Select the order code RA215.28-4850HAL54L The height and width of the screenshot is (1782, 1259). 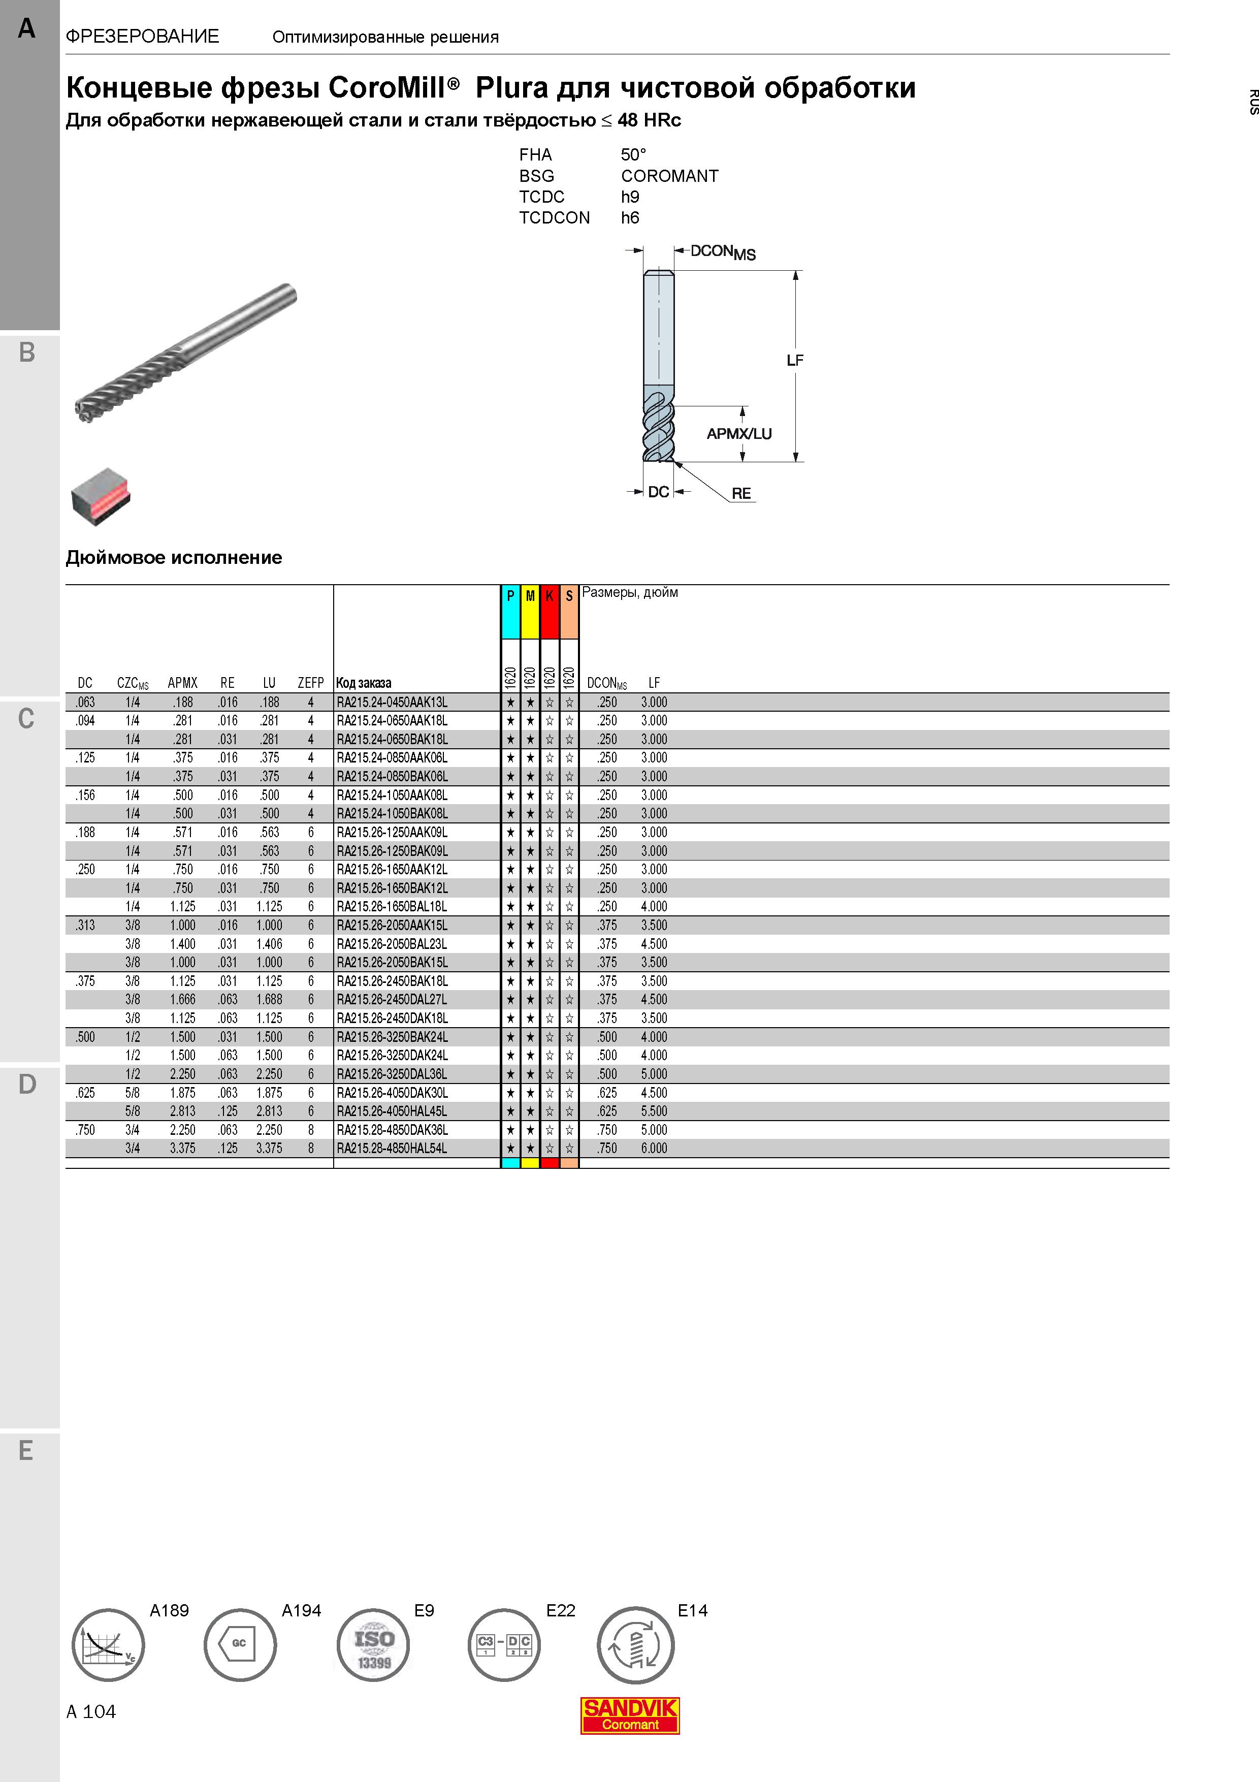pyautogui.click(x=392, y=1149)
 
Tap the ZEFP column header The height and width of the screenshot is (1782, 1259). pyautogui.click(x=310, y=683)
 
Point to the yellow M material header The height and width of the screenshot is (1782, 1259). pyautogui.click(x=530, y=612)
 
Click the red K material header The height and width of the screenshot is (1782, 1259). pyautogui.click(x=549, y=612)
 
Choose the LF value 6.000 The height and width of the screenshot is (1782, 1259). pyautogui.click(x=654, y=1149)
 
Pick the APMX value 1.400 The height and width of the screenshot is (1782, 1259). pyautogui.click(x=183, y=944)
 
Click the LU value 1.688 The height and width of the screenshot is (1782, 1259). pyautogui.click(x=269, y=1000)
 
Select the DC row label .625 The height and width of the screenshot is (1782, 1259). pyautogui.click(x=85, y=1093)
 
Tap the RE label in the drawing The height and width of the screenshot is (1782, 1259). pyautogui.click(x=741, y=494)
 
